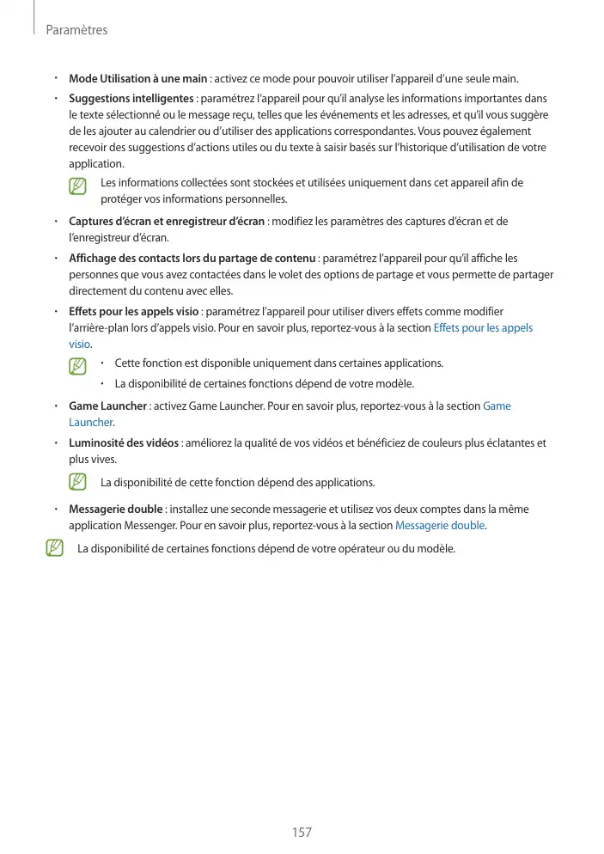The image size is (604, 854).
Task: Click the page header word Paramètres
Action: [x=76, y=30]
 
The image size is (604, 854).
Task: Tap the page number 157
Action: [x=302, y=832]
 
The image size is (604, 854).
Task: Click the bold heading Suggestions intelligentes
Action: [x=131, y=98]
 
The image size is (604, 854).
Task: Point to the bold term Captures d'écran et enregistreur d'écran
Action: [x=167, y=222]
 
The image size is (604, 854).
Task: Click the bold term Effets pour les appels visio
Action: [x=134, y=311]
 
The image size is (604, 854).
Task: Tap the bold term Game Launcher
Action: [x=107, y=406]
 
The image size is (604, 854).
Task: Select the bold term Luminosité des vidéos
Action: [x=124, y=443]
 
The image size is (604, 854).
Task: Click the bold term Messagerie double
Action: [x=115, y=509]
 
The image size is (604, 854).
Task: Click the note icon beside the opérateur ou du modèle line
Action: [x=54, y=548]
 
